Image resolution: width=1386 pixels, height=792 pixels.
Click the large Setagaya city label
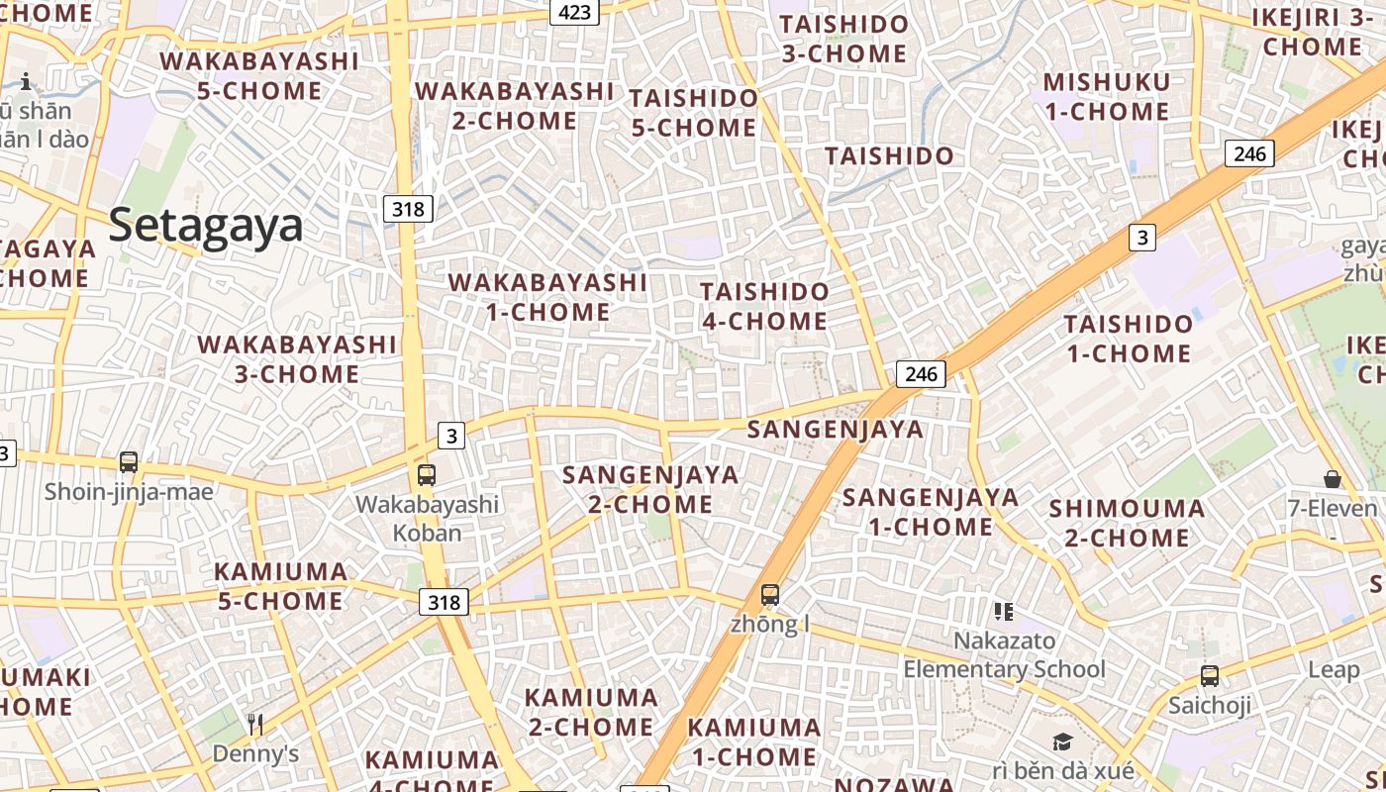coord(205,225)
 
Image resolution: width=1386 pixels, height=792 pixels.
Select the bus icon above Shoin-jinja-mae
coord(128,462)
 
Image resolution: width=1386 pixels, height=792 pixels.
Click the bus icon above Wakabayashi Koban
coord(427,475)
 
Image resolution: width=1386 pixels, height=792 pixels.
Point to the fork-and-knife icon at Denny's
coord(255,725)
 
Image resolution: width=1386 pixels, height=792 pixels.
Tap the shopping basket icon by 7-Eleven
coord(1333,479)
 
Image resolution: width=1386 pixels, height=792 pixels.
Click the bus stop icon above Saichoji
coord(1210,676)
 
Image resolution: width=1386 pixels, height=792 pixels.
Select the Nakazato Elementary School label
coord(1004,655)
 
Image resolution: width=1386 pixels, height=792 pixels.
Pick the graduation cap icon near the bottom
coord(1062,742)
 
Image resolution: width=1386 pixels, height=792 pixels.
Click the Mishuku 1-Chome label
coord(1107,97)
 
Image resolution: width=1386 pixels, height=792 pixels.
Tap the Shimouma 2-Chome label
coord(1127,524)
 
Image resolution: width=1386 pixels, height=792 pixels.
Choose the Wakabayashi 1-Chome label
coord(547,297)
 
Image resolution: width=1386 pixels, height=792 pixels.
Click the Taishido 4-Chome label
coord(764,306)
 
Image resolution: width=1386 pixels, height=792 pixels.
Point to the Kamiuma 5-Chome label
coord(281,586)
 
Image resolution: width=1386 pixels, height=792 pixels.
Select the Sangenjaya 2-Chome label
coord(650,489)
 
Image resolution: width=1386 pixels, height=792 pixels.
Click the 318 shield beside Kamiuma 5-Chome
coord(444,602)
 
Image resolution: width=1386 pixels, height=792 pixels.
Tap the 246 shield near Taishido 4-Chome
coord(921,374)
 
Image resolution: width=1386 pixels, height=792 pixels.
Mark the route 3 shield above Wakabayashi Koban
coord(451,436)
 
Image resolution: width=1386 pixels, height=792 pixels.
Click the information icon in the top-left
coord(26,81)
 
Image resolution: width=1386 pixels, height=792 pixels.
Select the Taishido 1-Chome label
coord(1128,339)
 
